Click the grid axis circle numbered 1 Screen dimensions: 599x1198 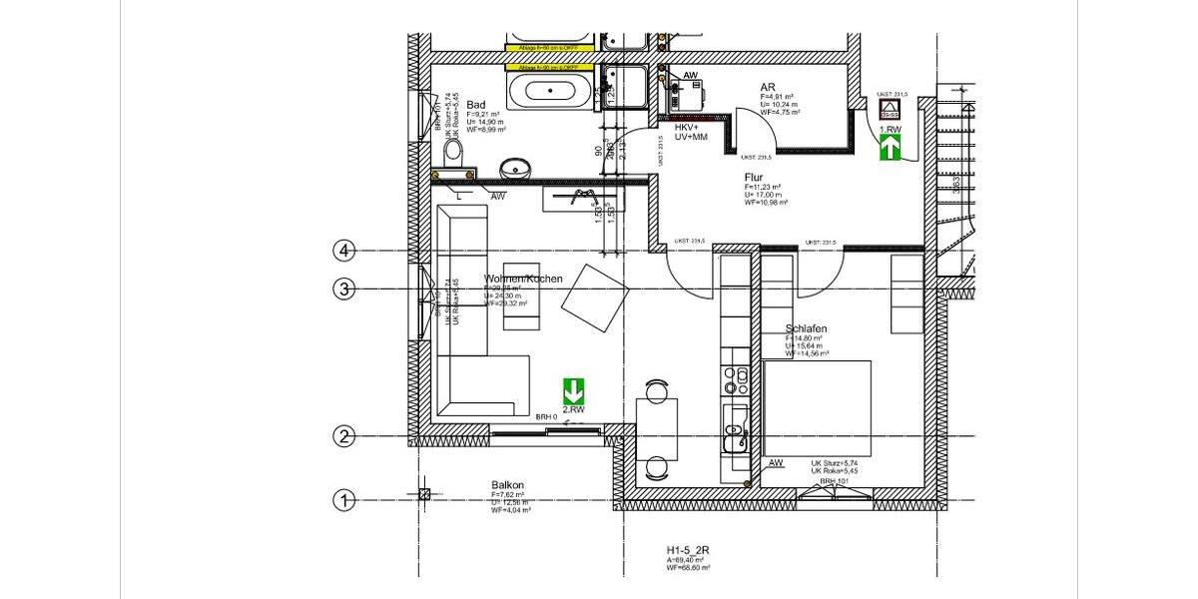[343, 500]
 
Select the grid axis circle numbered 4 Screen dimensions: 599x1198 [343, 251]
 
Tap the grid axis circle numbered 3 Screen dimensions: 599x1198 [343, 290]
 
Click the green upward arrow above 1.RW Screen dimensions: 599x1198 [890, 148]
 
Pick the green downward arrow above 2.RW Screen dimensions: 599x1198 [573, 390]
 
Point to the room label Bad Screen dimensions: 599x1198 [476, 105]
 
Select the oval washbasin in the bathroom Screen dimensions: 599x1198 [515, 169]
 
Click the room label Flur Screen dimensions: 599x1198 [754, 178]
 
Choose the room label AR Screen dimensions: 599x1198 [768, 88]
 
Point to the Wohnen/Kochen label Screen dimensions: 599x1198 [523, 279]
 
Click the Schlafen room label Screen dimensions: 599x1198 [806, 328]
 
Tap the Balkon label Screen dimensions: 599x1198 [507, 485]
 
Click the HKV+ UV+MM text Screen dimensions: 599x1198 [691, 132]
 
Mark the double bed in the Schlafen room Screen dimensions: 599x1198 [817, 407]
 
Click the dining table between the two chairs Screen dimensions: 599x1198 [657, 428]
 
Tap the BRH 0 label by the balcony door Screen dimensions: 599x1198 [546, 416]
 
